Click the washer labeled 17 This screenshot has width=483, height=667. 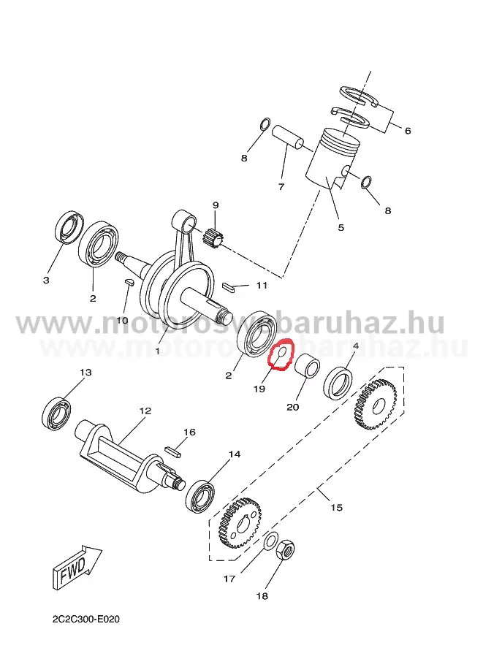(270, 541)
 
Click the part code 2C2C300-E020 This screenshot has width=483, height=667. (85, 619)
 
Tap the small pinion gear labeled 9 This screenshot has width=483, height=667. (215, 237)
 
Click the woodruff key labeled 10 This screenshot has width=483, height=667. (127, 283)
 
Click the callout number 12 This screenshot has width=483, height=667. (145, 411)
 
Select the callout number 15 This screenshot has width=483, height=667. (336, 506)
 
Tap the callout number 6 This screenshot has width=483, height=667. (407, 131)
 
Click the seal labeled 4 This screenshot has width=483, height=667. (340, 381)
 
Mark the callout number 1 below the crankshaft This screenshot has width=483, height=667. (156, 351)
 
